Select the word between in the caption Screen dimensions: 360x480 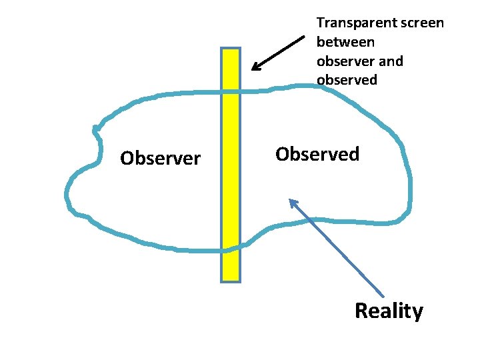pos(345,42)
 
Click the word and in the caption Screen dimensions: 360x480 pos(391,61)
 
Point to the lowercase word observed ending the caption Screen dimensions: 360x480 pos(347,80)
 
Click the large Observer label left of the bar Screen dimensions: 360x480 pos(160,159)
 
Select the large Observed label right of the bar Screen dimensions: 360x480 pos(317,154)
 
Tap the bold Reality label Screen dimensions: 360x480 pos(389,311)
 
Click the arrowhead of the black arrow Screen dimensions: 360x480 pos(253,69)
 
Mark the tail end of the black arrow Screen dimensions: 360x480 pos(303,37)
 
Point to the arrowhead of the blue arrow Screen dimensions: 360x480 pos(290,200)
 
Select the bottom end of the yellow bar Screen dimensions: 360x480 pos(230,279)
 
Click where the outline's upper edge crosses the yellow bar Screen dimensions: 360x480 pos(230,91)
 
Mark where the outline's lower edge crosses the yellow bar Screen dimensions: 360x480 pos(230,250)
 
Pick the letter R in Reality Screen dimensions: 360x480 pos(361,311)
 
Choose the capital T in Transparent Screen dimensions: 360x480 pos(320,23)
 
